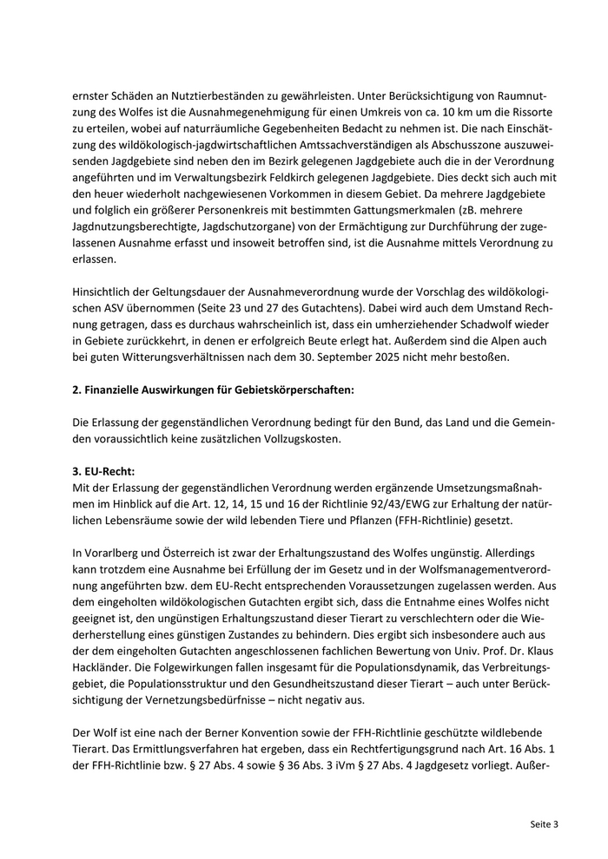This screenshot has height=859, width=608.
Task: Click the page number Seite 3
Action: [x=543, y=823]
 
